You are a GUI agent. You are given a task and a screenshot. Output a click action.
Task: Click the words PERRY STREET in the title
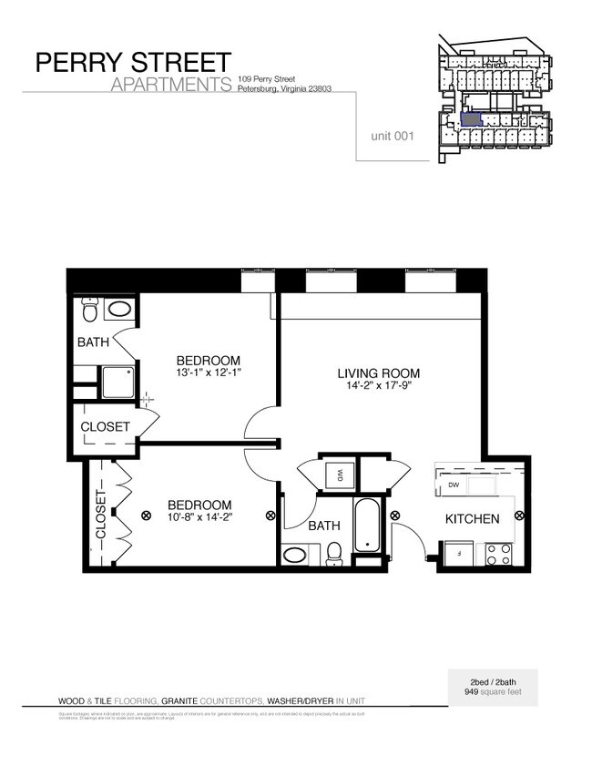[133, 63]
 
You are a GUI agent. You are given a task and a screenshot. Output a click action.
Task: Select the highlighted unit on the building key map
[470, 118]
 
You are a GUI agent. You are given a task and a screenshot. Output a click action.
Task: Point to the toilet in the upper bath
[89, 312]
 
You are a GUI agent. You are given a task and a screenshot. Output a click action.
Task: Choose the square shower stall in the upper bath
[118, 382]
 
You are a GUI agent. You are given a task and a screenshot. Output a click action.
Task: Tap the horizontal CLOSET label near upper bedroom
[105, 426]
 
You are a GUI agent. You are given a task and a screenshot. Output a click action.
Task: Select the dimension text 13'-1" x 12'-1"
[209, 373]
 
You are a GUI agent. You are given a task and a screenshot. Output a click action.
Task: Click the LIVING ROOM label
[378, 373]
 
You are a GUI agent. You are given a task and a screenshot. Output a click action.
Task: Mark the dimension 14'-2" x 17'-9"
[378, 386]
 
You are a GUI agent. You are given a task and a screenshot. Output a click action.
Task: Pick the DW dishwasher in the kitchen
[453, 485]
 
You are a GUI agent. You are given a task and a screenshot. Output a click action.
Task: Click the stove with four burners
[498, 554]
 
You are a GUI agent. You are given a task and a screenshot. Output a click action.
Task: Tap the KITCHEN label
[471, 519]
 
